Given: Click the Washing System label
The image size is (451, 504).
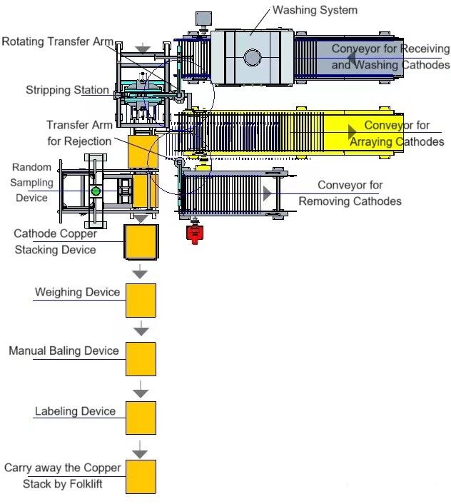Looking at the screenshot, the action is (x=315, y=11).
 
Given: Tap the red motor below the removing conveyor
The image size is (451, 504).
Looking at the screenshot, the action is (x=193, y=233).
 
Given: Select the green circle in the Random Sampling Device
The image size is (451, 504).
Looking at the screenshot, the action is (x=96, y=191).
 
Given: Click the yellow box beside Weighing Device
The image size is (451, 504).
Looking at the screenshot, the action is (x=141, y=300).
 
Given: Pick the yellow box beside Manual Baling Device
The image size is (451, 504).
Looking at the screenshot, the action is (x=141, y=358).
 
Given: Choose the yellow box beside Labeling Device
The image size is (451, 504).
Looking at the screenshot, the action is (x=141, y=418).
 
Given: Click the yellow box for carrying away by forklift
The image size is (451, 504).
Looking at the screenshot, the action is (x=141, y=476).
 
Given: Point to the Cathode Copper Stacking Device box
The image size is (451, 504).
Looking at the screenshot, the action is (x=141, y=242).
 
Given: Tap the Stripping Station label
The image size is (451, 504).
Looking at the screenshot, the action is (x=68, y=90).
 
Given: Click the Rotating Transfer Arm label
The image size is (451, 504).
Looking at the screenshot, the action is (x=57, y=41).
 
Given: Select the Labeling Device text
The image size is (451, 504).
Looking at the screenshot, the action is (x=75, y=411).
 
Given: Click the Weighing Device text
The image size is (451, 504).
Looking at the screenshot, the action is (x=78, y=292).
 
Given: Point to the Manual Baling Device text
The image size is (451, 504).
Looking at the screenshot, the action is (x=64, y=351).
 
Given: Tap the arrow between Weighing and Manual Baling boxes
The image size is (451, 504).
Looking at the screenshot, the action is (x=141, y=328).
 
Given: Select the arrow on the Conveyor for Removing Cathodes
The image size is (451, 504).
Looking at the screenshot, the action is (x=266, y=193).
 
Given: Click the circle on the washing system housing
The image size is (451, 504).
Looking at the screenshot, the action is (x=252, y=57).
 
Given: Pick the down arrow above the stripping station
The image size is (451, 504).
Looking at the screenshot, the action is (x=143, y=49).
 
